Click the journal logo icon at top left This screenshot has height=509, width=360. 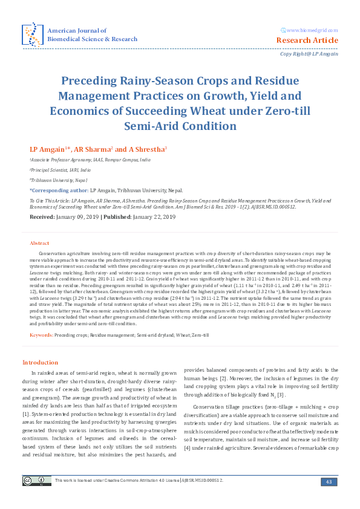[31, 34]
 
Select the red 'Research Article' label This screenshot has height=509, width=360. [307, 41]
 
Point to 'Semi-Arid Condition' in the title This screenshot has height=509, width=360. [180, 126]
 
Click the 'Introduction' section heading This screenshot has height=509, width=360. [40, 362]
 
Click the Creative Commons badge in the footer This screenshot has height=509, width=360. [36, 481]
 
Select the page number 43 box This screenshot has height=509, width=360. [329, 482]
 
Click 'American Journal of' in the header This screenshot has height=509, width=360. [77, 30]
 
